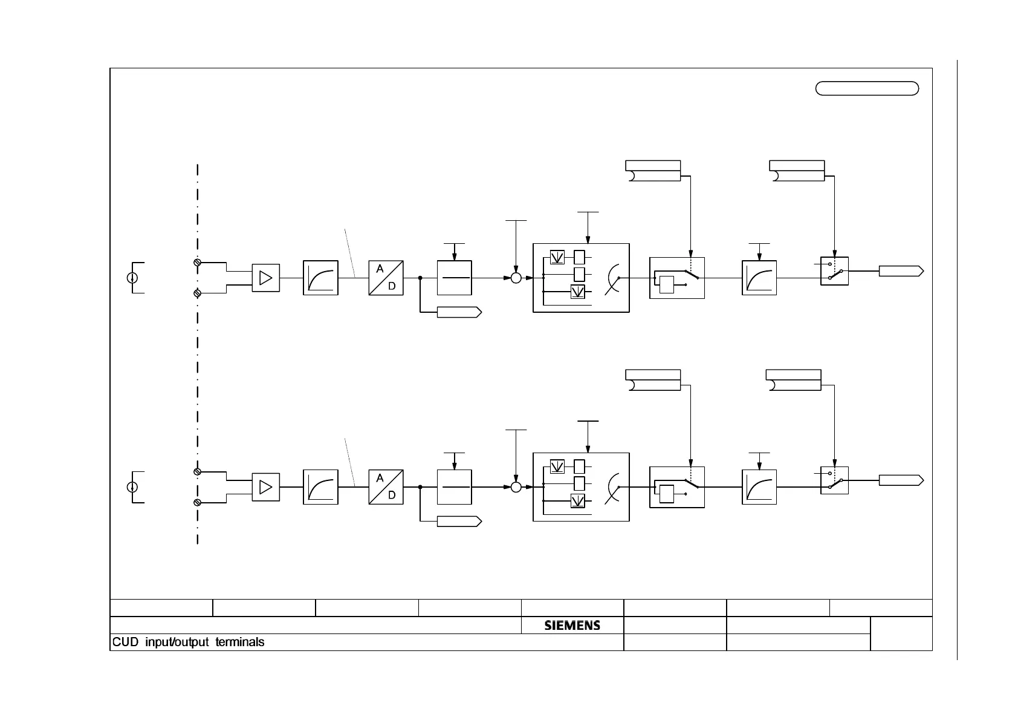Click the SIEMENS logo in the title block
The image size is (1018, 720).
572,626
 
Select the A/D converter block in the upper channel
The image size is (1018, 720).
386,278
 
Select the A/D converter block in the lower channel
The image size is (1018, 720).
386,487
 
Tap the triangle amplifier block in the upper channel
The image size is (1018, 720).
265,278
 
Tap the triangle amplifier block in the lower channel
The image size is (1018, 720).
265,487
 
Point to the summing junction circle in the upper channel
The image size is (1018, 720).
516,278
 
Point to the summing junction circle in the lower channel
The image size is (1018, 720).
516,487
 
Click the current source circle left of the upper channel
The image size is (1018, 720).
132,278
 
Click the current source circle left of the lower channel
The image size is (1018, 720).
132,487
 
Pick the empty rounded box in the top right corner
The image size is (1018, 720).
867,88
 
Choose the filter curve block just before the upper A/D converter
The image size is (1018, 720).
320,278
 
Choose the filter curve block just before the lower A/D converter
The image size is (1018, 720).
320,487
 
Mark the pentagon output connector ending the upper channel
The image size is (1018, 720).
901,271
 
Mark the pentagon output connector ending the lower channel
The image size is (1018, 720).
901,480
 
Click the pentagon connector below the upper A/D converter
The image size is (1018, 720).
459,312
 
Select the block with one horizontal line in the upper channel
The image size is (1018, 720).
454,278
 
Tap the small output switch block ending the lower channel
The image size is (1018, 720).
834,480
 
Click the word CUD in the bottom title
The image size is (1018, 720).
125,642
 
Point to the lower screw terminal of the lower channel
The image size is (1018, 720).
197,503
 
